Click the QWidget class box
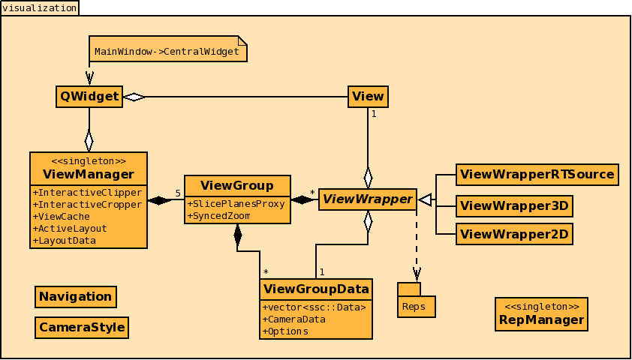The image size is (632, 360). pos(89,96)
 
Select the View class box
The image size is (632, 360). pos(368,96)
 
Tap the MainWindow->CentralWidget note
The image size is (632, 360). pos(167,52)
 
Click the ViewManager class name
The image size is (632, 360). pos(89,175)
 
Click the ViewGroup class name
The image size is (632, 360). pos(237,185)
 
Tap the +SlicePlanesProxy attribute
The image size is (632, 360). pos(236,204)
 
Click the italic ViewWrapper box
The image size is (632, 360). pos(367,199)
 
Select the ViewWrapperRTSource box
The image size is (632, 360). pos(537,174)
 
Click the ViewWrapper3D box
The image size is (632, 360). pos(514,205)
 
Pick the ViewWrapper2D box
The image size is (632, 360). pos(514,234)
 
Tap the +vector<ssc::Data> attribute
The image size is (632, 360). pos(314,307)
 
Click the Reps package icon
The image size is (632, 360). pos(416,301)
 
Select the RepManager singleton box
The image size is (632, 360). pos(540,314)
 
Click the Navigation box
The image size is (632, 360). pos(75,296)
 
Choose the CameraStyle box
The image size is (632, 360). pos(82,328)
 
